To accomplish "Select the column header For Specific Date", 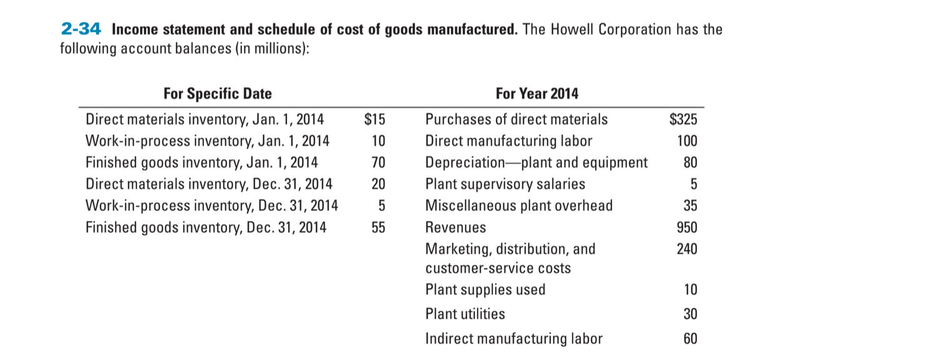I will coord(218,94).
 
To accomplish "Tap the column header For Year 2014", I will coord(537,94).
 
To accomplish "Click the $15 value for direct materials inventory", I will coord(375,119).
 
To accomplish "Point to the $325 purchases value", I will coord(683,119).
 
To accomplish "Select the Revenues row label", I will coord(456,227).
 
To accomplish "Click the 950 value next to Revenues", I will coord(686,227).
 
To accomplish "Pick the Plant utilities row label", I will coord(465,314).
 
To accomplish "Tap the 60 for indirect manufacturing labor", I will coord(690,339).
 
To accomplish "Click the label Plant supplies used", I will coord(485,289).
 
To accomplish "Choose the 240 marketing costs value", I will coord(686,249).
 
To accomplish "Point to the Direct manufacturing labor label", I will coord(509,141).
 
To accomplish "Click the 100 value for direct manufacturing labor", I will coord(686,141).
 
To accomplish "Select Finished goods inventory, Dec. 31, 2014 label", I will coord(206,227).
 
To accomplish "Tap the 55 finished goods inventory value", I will coord(378,227).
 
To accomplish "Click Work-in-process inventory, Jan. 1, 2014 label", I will coord(208,141).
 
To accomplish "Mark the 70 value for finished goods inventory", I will coord(378,162).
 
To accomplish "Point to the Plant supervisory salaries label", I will coord(505,184).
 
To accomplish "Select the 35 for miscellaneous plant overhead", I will coord(690,206).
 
